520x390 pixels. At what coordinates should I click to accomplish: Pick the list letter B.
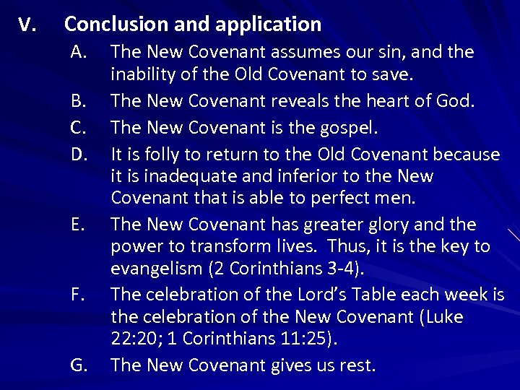tap(79, 101)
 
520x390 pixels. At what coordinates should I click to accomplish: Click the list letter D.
tap(79, 154)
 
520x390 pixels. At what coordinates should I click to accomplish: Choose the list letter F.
tap(79, 295)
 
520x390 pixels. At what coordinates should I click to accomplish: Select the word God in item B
tap(456, 101)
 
